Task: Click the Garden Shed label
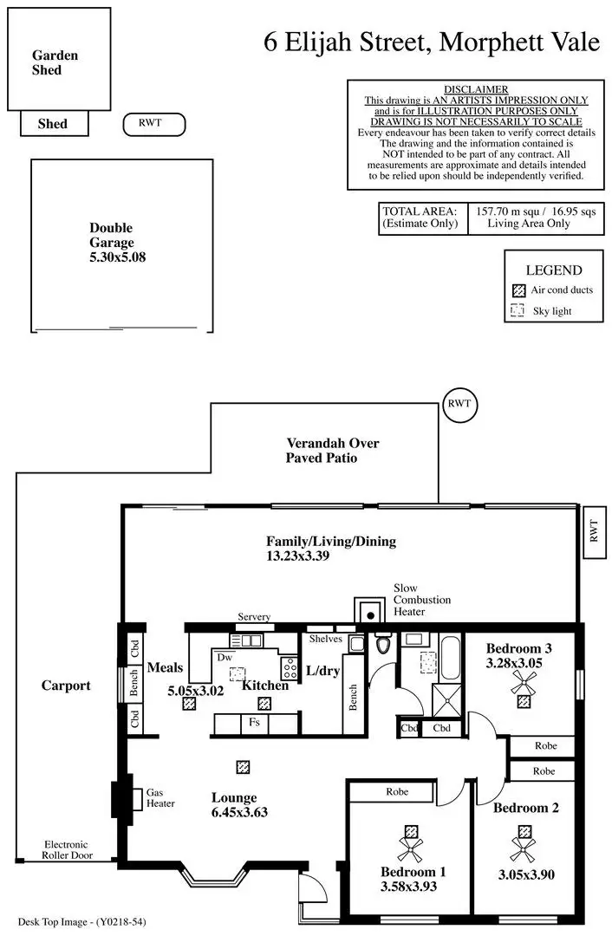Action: (55, 62)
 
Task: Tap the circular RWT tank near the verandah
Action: (459, 404)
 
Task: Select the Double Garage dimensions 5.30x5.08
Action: (117, 257)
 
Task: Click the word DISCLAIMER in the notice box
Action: (476, 90)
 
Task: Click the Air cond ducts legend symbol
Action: (518, 290)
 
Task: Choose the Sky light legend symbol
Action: (518, 310)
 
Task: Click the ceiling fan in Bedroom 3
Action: (524, 682)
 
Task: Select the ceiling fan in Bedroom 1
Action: (408, 838)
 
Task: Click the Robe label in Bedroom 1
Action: (398, 791)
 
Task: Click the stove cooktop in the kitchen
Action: (289, 667)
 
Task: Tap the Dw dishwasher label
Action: (225, 658)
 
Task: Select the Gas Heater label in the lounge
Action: (160, 798)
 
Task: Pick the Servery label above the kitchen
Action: (254, 617)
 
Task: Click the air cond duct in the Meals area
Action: (188, 704)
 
